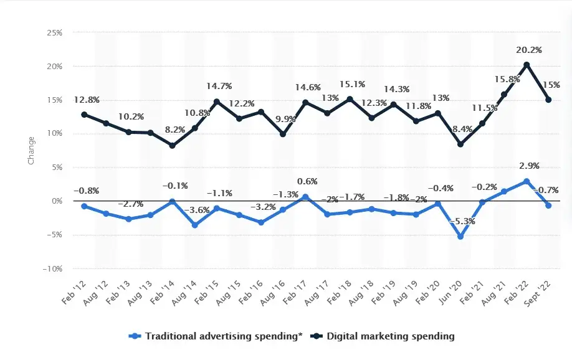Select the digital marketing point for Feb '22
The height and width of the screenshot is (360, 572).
pyautogui.click(x=527, y=65)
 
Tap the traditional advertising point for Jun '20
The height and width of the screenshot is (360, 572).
pyautogui.click(x=460, y=237)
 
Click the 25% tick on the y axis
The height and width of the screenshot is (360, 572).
pyautogui.click(x=54, y=32)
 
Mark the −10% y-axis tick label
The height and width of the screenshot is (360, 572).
pyautogui.click(x=52, y=268)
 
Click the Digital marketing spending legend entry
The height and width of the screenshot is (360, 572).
pyautogui.click(x=386, y=336)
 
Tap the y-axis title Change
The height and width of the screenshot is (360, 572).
pyautogui.click(x=31, y=151)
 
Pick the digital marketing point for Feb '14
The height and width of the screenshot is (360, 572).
pyautogui.click(x=172, y=146)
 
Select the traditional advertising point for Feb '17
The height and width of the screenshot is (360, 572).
pyautogui.click(x=305, y=197)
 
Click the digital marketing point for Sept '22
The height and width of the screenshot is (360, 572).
pyautogui.click(x=548, y=100)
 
